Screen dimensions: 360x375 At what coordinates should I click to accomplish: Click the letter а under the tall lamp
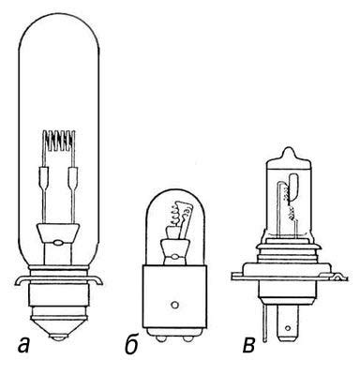[x=23, y=345]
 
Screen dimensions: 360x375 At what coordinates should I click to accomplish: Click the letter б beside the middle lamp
[x=132, y=345]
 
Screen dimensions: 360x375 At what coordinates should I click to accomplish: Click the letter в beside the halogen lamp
[x=248, y=345]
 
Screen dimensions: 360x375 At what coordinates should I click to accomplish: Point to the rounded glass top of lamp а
[x=59, y=16]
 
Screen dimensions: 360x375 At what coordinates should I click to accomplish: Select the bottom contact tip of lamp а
[x=59, y=338]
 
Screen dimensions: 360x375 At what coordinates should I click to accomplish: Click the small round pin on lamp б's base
[x=174, y=304]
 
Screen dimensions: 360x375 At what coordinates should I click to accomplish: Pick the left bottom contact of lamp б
[x=160, y=339]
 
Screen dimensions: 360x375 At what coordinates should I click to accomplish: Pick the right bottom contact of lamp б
[x=188, y=339]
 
